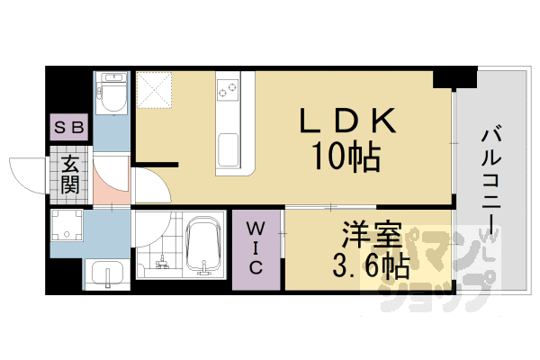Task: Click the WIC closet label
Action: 254,248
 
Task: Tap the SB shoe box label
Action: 69,127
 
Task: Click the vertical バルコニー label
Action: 491,180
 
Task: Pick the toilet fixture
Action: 112,94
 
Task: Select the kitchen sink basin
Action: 228,148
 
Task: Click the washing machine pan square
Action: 68,226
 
